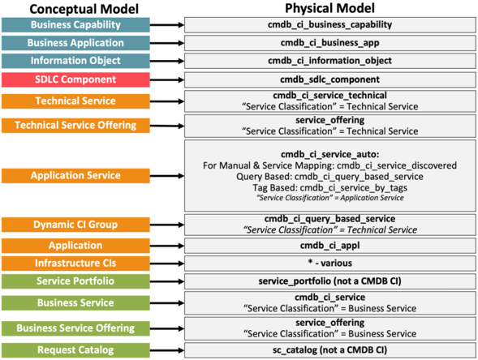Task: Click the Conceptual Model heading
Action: (x=84, y=9)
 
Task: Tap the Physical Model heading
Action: (x=329, y=8)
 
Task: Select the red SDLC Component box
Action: (x=75, y=79)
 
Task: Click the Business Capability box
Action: (x=75, y=25)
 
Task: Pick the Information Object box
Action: (x=75, y=61)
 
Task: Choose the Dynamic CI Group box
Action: (x=75, y=225)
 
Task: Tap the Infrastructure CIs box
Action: (x=75, y=264)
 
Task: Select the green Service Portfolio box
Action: (x=75, y=281)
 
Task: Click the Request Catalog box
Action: (x=75, y=350)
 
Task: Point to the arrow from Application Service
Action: (x=167, y=176)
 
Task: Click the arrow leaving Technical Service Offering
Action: (x=167, y=126)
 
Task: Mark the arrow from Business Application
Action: (x=167, y=43)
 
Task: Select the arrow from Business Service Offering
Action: (x=167, y=328)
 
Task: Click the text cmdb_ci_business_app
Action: (x=329, y=43)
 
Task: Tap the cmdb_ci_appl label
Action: (x=329, y=246)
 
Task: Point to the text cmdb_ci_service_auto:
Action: (x=329, y=154)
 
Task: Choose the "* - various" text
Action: (x=329, y=263)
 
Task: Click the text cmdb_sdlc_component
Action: (x=329, y=79)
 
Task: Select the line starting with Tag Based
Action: (x=329, y=188)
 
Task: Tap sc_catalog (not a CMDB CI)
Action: (x=329, y=350)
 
